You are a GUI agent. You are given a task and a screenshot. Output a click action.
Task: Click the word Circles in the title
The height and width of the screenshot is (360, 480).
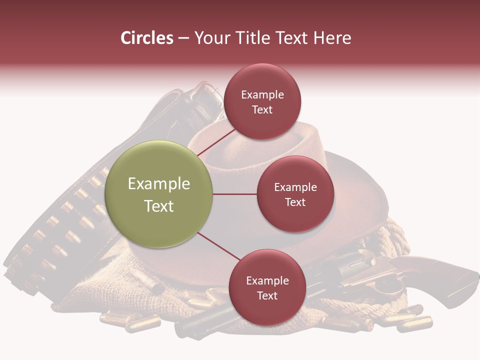146,38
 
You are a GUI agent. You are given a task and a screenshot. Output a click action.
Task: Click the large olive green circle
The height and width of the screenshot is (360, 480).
159,194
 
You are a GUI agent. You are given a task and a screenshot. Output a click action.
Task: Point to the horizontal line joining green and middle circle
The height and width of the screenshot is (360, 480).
235,194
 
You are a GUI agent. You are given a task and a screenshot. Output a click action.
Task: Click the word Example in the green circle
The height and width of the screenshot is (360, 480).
159,184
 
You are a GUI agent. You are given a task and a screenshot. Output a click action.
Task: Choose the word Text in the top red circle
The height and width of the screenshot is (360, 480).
262,110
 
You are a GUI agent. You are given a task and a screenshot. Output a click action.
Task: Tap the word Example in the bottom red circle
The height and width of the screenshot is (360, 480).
267,281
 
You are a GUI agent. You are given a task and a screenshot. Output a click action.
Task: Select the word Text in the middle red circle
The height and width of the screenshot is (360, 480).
295,202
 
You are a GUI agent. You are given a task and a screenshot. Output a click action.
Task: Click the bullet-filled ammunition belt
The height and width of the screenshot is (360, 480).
55,225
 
